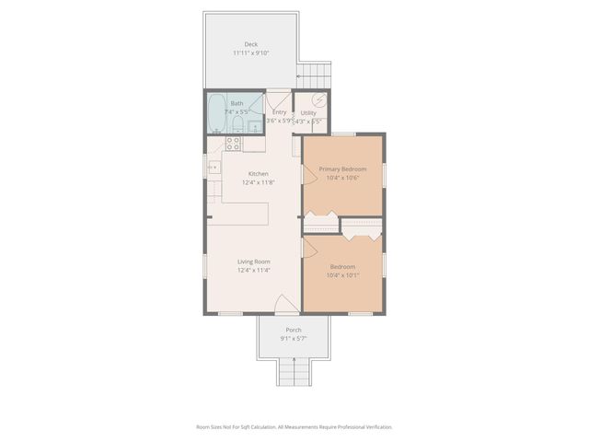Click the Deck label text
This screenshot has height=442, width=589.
click(250, 44)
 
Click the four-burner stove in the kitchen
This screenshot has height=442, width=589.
click(234, 144)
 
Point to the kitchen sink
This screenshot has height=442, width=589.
click(214, 167)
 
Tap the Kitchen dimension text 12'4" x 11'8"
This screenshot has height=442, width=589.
click(258, 182)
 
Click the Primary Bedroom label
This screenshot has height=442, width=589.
click(342, 169)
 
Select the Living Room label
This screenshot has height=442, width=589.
click(253, 262)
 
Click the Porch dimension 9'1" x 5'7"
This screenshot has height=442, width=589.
click(294, 339)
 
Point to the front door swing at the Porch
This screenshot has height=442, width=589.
click(287, 306)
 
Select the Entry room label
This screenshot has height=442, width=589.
click(279, 112)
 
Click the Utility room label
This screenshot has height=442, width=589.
click(308, 112)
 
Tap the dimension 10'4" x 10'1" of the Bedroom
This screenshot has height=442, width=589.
click(342, 274)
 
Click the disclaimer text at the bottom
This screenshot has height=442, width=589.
click(294, 426)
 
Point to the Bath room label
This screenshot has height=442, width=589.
click(237, 103)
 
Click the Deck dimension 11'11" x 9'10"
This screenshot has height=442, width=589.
click(250, 53)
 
